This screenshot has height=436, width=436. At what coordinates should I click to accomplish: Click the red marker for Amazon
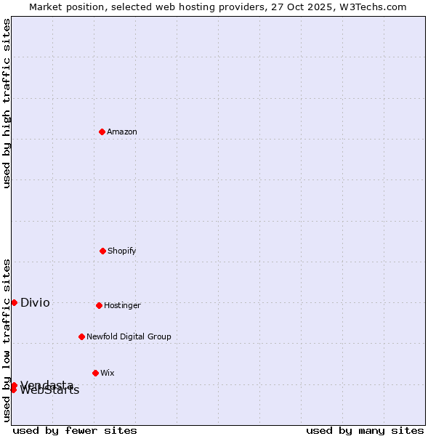102,132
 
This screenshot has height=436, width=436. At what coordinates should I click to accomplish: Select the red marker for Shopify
102,251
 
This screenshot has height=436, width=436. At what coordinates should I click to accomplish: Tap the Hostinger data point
99,305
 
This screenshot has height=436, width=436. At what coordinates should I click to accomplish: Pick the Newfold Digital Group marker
81,336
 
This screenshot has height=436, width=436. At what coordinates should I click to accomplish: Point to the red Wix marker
95,373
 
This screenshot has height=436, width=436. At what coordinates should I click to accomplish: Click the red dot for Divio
14,302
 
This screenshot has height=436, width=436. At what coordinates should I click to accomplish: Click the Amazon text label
122,132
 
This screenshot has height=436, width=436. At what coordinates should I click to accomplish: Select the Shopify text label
122,251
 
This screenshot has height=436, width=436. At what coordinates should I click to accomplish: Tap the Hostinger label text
122,305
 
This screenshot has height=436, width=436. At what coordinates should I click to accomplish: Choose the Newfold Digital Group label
129,336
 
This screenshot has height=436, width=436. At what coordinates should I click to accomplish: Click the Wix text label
108,373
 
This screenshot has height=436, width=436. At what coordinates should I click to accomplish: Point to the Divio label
35,302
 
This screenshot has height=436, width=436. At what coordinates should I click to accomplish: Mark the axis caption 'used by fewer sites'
75,430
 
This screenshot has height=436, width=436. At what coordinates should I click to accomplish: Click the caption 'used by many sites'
365,430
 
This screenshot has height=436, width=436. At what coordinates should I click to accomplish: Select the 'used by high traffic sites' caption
7,103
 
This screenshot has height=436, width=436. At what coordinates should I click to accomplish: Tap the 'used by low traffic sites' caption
7,340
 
